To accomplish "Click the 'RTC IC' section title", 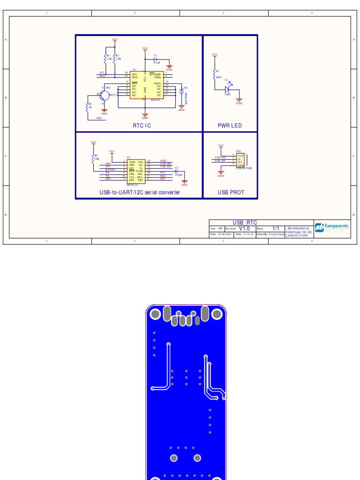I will coord(142,126).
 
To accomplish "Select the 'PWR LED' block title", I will coord(230,126).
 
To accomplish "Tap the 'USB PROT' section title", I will coord(231,192).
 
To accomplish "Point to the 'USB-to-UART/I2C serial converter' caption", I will coord(139,192).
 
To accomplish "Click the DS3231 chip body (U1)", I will coord(147,85).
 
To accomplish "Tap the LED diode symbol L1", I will coord(227,89).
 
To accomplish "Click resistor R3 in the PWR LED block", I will coord(215,74).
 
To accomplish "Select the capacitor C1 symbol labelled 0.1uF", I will coord(155,60).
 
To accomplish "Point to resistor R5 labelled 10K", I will coord(93,158).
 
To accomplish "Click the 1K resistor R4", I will coord(87,106).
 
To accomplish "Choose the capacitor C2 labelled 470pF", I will coord(177,172).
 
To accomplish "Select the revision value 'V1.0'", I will coord(244,228).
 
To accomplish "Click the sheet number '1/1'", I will coord(276,228).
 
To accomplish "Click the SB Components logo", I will coord(332,227).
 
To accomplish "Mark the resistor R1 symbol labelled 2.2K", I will coord(106,59).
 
